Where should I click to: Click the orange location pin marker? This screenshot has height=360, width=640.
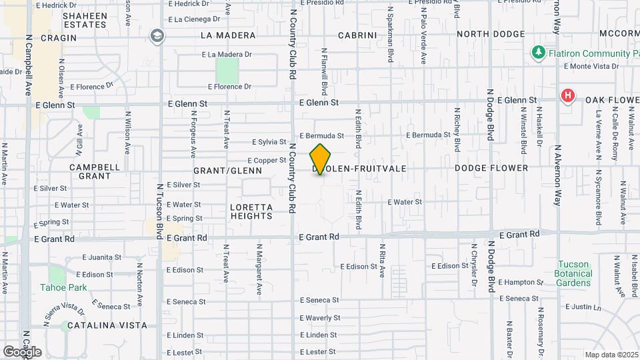point(321,159)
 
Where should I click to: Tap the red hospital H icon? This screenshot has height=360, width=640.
point(567,96)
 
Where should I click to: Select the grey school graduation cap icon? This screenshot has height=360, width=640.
point(157,35)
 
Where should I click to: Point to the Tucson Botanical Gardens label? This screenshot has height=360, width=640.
point(573,273)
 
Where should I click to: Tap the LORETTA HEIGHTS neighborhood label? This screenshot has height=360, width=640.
point(251,211)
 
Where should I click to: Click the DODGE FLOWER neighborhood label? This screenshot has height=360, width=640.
point(491,169)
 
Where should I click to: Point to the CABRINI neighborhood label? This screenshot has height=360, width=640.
point(357,35)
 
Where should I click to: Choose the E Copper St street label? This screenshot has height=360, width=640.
point(267,161)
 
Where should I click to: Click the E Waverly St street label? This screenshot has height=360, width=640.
point(320,318)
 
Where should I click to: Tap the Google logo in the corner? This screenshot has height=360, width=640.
point(21,351)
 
